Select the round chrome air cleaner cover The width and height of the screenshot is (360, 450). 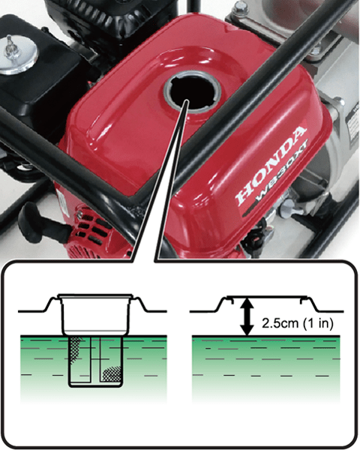[19, 64]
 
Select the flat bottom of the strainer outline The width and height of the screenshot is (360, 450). [95, 385]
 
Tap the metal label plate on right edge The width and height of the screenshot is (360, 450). [352, 127]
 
